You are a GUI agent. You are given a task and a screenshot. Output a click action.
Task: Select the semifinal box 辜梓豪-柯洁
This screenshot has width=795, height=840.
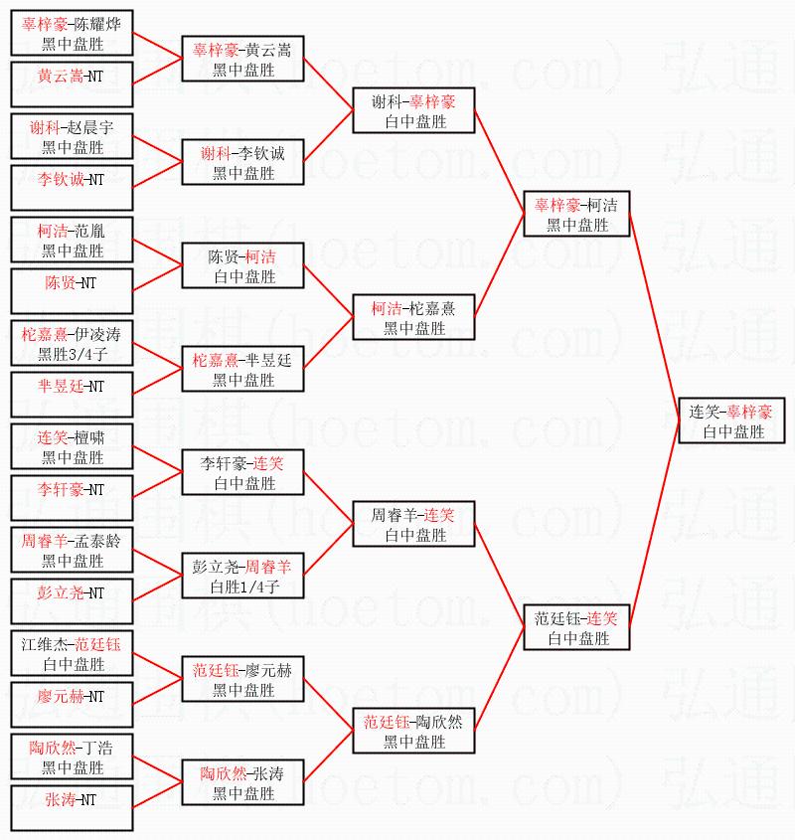tap(576, 215)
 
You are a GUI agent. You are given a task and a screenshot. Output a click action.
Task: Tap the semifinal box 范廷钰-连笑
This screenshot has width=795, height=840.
tap(576, 628)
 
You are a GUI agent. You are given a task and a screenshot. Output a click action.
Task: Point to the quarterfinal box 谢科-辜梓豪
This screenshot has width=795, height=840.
tap(414, 111)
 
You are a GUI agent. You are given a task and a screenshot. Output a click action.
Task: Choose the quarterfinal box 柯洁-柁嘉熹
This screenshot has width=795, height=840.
tap(414, 318)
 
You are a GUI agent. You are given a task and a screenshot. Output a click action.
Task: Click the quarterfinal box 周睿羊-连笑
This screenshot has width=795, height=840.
tap(414, 525)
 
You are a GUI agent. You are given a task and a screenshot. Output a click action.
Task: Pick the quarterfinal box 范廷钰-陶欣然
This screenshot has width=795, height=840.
tap(414, 732)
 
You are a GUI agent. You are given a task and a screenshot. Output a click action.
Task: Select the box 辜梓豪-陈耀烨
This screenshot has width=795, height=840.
tap(72, 33)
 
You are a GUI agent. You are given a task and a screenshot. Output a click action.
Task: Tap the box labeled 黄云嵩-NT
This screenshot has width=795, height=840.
tap(72, 76)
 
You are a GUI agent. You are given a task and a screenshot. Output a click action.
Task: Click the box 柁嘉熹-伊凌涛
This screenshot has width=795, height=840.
tap(72, 343)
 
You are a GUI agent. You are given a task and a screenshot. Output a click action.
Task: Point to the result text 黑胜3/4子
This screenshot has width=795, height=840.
tap(72, 354)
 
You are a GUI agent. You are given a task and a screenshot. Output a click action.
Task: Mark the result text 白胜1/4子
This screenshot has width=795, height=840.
tap(243, 587)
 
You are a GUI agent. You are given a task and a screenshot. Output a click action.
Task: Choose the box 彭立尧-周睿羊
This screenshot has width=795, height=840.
tap(243, 577)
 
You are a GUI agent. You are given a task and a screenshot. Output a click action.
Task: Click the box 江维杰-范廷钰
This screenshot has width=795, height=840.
tap(72, 653)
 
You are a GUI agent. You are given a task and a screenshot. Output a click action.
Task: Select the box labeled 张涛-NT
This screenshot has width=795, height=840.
tap(72, 799)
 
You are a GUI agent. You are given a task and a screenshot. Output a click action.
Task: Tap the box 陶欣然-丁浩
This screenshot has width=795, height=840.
tap(72, 756)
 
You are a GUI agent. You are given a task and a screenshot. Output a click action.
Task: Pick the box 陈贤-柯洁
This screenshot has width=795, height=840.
tap(243, 266)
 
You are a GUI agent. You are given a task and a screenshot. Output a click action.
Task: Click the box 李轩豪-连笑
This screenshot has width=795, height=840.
tap(243, 473)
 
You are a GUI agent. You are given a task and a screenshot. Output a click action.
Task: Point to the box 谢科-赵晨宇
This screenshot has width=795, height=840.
tap(72, 136)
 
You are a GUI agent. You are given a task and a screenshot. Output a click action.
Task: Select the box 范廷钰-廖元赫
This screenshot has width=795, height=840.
tap(243, 680)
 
